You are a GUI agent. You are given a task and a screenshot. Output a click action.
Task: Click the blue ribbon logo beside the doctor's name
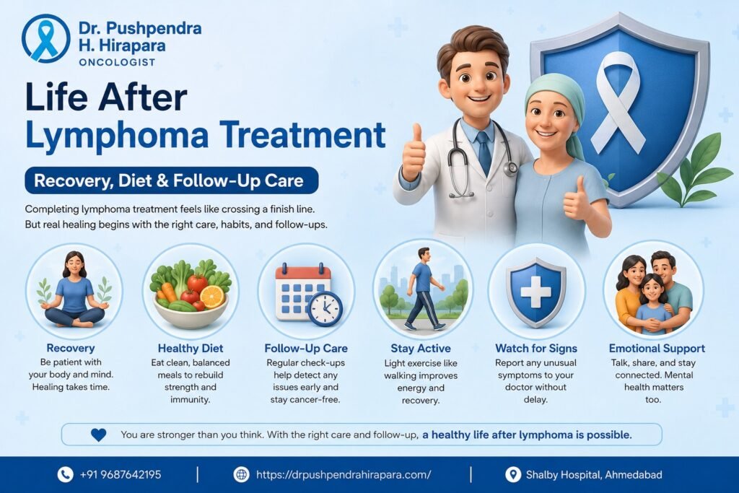(x=45, y=39)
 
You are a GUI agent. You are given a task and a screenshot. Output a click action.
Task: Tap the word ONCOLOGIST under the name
(x=117, y=62)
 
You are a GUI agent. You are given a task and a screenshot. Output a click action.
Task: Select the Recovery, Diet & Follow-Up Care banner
(x=172, y=180)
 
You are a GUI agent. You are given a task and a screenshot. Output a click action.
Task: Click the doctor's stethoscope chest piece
(x=510, y=167)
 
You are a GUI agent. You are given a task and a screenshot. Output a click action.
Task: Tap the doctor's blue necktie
(x=484, y=152)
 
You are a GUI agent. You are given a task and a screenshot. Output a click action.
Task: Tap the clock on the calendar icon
(x=325, y=309)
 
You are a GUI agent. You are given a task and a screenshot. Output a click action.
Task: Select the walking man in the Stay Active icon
(x=424, y=289)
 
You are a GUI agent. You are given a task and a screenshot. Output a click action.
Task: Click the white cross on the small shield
(x=535, y=292)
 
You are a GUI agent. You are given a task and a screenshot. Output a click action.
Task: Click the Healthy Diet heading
(x=191, y=349)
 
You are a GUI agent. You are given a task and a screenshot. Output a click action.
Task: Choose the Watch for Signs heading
(x=536, y=349)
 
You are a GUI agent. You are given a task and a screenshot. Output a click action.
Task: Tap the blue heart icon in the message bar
(x=98, y=435)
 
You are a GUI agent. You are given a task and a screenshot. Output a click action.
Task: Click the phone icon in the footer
(x=65, y=474)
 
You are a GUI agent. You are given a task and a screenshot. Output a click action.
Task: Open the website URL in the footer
(x=344, y=475)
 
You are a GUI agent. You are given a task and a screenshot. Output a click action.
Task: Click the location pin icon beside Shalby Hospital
(x=513, y=475)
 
